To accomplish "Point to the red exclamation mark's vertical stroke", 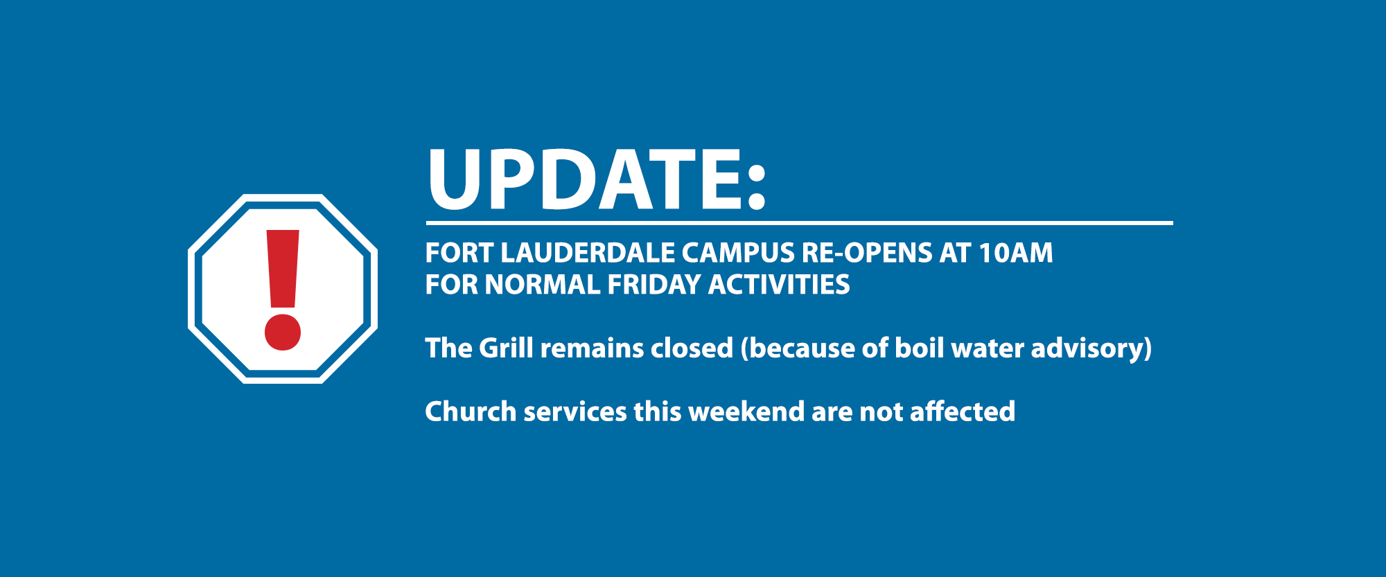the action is tap(283, 269).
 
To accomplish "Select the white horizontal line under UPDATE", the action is tap(799, 223).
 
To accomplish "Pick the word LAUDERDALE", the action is tap(588, 254).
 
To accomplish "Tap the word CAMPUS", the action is tap(738, 254).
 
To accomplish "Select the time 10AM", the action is tap(1016, 254).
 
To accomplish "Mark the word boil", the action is tap(916, 348).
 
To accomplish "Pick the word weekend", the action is tap(746, 411).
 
